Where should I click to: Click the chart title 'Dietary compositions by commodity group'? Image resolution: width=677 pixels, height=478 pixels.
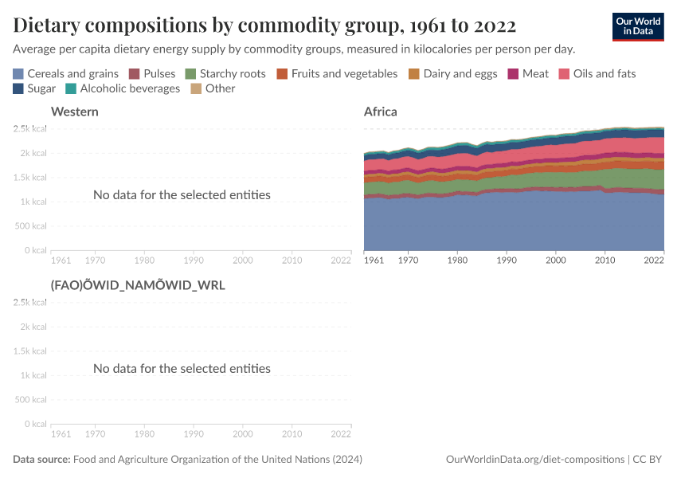264,25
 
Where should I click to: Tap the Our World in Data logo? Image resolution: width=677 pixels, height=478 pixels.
638,26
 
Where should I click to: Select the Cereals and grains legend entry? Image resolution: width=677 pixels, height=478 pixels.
65,74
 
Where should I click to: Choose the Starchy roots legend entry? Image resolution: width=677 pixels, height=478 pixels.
225,74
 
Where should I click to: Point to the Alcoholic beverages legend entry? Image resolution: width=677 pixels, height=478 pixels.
123,88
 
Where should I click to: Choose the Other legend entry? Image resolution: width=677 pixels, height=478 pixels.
213,88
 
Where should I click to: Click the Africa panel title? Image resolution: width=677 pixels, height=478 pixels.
380,112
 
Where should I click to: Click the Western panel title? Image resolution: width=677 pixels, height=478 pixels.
74,112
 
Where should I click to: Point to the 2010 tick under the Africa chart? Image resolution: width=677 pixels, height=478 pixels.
605,260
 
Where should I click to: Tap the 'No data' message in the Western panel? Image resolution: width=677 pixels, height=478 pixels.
182,194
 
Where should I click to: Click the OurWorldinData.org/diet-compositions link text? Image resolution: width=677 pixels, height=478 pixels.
534,460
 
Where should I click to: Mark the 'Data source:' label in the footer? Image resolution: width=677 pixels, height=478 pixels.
41,460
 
